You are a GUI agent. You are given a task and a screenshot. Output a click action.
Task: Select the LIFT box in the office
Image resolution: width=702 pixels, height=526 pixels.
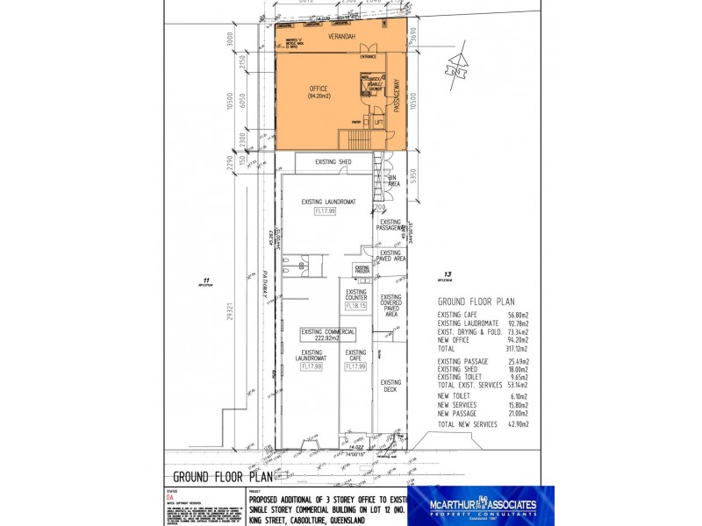coord(378,123)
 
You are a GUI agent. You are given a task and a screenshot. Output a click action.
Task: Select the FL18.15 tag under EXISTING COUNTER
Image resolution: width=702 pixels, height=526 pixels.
coord(355,306)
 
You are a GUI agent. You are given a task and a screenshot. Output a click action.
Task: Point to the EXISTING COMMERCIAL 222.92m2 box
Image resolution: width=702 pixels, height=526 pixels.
coord(328,333)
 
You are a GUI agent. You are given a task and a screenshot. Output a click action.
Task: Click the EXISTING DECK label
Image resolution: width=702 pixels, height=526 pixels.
coord(390,386)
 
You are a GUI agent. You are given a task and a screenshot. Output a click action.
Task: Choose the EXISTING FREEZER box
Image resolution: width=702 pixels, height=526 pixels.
coord(362,269)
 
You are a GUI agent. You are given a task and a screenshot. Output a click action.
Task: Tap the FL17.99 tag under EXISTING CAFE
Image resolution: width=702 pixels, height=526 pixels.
coord(355,366)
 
